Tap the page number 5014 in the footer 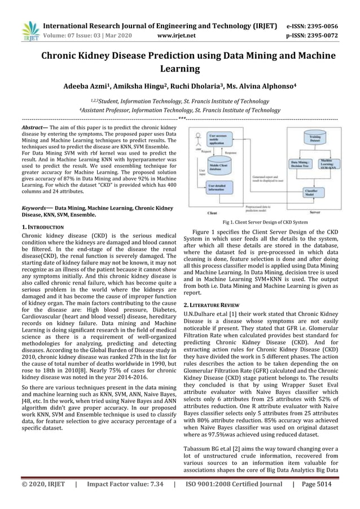pos(328,499)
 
